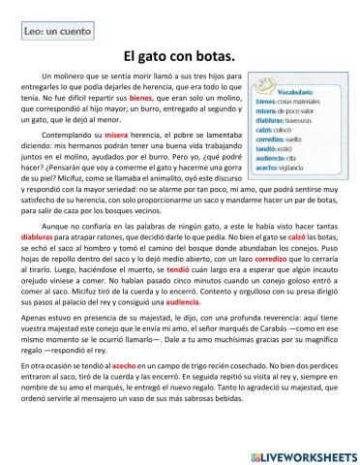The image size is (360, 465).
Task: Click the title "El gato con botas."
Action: coord(180,57)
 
